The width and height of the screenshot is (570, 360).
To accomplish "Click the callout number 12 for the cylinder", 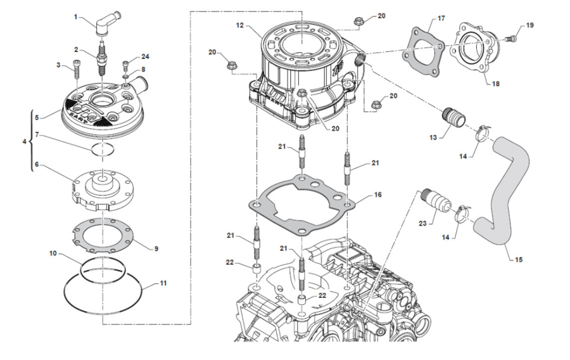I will click(x=240, y=25).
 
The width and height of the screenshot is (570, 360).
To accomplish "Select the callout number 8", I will click(x=144, y=69).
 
